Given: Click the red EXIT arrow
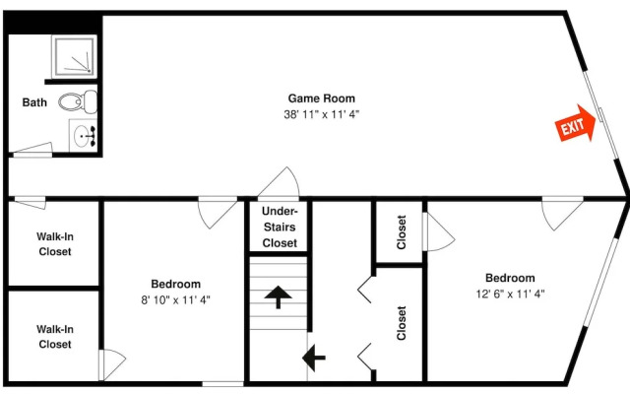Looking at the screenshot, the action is coord(575,124).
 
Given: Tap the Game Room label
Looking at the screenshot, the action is coord(322,98).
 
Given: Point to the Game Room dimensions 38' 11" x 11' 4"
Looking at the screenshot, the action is coord(322,114).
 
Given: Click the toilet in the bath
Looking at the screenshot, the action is coord(78,101).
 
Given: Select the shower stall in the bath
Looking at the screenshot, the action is coord(75,57).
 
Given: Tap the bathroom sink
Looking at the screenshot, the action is coord(83,136).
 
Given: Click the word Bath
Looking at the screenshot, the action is coord(34,102).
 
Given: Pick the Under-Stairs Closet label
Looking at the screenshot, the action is coord(280,228).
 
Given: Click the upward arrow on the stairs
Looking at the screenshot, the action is coord(278,297).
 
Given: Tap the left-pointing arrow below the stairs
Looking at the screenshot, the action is coord(313,358).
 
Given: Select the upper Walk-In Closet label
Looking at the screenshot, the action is coord(55,244).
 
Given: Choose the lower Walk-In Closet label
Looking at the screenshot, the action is coord(55,337).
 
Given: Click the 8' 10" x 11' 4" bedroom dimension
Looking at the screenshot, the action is coord(175,299).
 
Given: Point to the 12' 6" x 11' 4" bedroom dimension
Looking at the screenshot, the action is coord(510,294).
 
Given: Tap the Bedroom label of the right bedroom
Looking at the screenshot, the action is coord(510,278).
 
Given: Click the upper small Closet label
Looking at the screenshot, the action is coord(402,232).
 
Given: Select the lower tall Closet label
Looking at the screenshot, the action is coord(402,323).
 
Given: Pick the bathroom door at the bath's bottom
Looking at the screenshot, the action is coord(33,149).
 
